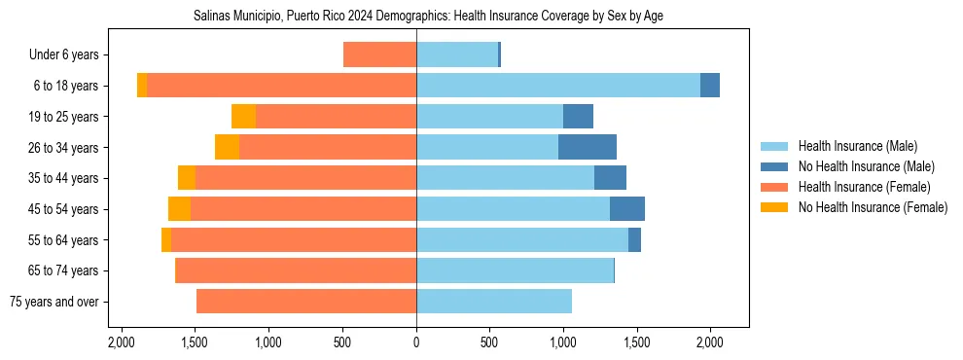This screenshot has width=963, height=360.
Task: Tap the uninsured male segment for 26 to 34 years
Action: pyautogui.click(x=588, y=147)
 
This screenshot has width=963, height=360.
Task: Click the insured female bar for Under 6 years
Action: pyautogui.click(x=380, y=54)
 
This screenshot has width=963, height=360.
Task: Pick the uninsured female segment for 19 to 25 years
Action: pyautogui.click(x=243, y=117)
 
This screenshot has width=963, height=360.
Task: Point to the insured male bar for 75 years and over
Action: pyautogui.click(x=494, y=302)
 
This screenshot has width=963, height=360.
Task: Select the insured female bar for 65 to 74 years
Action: pyautogui.click(x=296, y=270)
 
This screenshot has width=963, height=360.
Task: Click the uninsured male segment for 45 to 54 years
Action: pyautogui.click(x=627, y=209)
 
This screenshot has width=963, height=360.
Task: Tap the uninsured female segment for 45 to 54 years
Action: pyautogui.click(x=179, y=209)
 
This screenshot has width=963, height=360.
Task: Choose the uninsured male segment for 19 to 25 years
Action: pyautogui.click(x=578, y=117)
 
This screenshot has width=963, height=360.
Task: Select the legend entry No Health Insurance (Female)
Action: pyautogui.click(x=872, y=207)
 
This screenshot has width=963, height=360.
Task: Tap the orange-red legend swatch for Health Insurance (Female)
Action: pyautogui.click(x=775, y=187)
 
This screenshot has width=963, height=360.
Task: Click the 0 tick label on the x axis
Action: pyautogui.click(x=416, y=342)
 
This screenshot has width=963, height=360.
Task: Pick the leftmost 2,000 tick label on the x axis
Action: pyautogui.click(x=122, y=342)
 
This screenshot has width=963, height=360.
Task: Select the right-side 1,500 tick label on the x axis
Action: pyautogui.click(x=636, y=342)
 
